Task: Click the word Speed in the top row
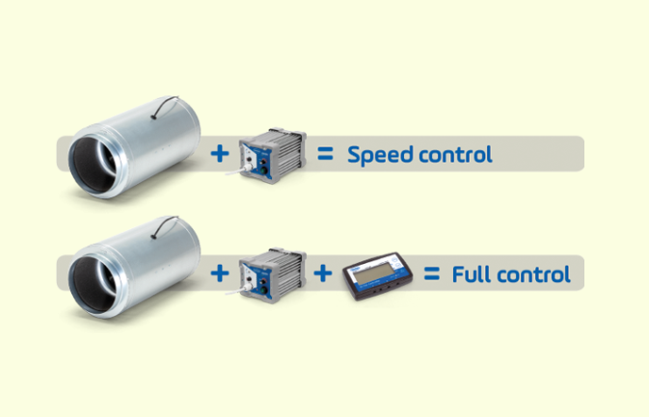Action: [x=380, y=155]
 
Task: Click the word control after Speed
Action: [x=456, y=154]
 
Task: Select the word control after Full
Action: [x=534, y=274]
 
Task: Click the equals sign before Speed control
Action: [x=325, y=154]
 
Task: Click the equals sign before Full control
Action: [x=432, y=274]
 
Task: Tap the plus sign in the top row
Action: [x=219, y=154]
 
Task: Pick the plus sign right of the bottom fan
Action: [x=219, y=274]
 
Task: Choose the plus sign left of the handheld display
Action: [x=323, y=274]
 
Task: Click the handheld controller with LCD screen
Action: [x=377, y=275]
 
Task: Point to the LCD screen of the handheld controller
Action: [x=375, y=272]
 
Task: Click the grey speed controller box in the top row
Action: [x=272, y=155]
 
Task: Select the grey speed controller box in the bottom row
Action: [x=272, y=275]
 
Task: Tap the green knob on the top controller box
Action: [x=263, y=170]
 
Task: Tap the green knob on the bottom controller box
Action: [x=263, y=291]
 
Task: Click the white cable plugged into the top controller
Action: [x=238, y=169]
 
